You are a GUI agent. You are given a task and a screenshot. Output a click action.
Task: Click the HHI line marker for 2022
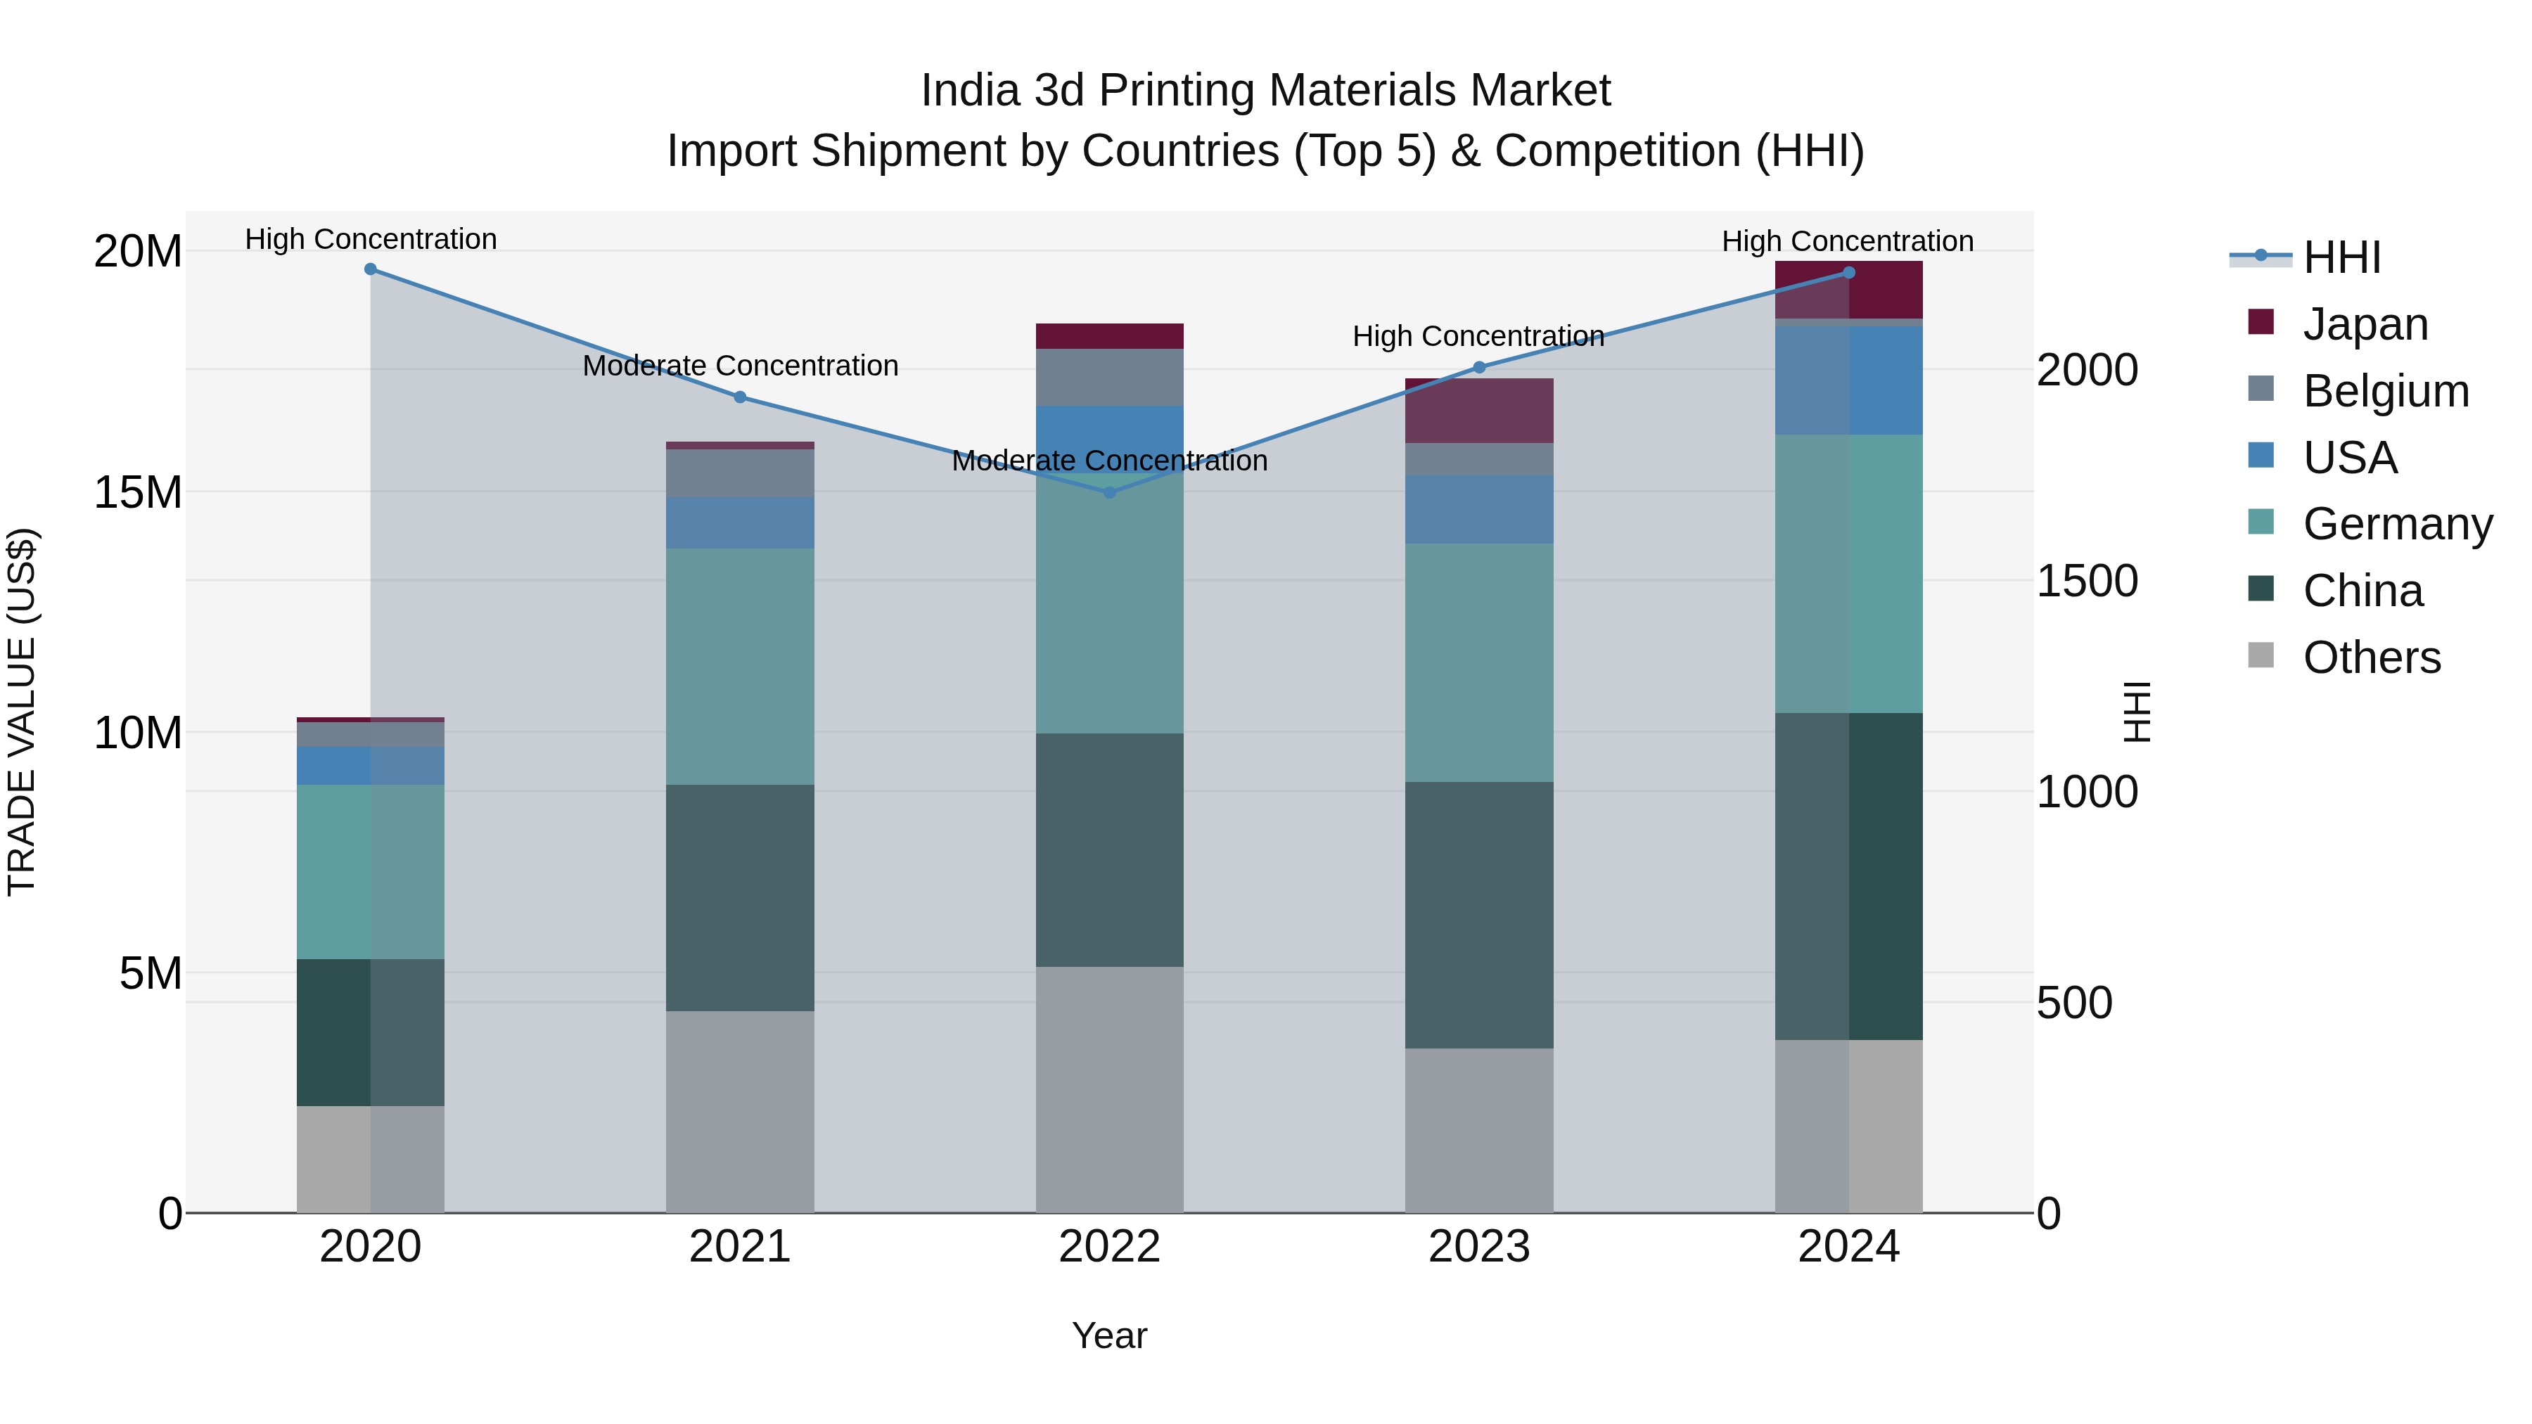click(x=1110, y=492)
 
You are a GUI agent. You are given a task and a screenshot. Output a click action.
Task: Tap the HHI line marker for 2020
click(x=371, y=269)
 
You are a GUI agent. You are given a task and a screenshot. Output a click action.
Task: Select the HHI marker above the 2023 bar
click(x=1479, y=368)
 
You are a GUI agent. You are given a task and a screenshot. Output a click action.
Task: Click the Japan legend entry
click(x=2365, y=324)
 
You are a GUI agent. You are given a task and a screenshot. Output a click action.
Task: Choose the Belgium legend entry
click(x=2386, y=391)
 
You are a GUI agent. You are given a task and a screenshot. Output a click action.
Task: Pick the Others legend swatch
click(x=2261, y=655)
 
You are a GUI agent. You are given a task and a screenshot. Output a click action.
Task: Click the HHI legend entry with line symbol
click(x=2342, y=257)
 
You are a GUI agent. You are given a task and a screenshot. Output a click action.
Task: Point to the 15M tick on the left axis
click(x=138, y=492)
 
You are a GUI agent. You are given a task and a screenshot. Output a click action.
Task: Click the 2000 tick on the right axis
click(x=2087, y=371)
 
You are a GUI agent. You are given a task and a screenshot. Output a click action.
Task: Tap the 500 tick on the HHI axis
click(x=2074, y=1003)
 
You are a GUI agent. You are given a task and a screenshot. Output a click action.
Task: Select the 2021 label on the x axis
click(x=740, y=1247)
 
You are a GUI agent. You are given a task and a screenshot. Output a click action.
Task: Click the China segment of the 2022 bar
click(x=1110, y=850)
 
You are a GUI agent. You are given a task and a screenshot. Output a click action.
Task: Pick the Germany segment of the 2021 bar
click(x=740, y=667)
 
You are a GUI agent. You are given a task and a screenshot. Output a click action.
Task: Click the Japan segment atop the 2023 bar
click(x=1479, y=411)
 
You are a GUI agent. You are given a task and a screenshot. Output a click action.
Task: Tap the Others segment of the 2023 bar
click(x=1479, y=1130)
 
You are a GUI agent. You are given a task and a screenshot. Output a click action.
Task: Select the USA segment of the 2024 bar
click(x=1849, y=380)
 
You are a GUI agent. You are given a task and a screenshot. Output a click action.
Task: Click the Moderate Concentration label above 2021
click(x=740, y=366)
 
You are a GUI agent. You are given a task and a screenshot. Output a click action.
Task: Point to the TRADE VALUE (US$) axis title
click(x=22, y=712)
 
